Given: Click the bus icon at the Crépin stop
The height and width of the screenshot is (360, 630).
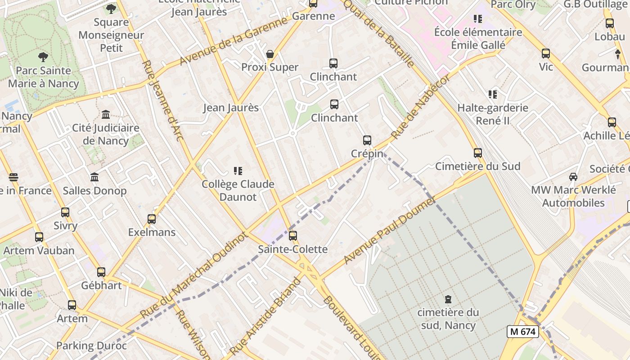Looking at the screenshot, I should (367, 140).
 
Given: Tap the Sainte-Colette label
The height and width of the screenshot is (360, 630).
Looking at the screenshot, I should (292, 249).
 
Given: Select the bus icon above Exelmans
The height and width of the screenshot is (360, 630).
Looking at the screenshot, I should (152, 219).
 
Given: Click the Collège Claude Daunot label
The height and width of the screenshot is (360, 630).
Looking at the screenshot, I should (238, 190).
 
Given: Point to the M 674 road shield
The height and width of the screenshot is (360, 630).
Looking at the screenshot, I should (522, 332).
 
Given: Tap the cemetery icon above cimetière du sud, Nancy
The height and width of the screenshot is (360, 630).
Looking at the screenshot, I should (448, 299).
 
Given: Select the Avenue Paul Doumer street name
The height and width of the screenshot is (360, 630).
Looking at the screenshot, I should (390, 231).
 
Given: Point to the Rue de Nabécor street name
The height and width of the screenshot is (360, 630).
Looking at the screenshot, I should (420, 107).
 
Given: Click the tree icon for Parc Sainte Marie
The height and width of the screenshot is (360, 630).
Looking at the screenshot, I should (43, 57).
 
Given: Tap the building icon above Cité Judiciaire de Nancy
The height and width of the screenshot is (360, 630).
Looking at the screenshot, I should (106, 114).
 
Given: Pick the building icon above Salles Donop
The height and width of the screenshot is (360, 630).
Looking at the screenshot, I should (94, 177).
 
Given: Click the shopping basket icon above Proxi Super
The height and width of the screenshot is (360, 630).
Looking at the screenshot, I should (270, 54).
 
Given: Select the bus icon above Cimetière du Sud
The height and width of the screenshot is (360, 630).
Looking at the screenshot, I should (477, 153).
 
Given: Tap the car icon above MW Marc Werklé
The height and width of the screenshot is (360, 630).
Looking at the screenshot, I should (573, 176).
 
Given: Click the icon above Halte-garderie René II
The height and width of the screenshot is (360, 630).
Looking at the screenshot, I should (492, 94).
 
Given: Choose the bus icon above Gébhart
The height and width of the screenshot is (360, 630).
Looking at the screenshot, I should (101, 272).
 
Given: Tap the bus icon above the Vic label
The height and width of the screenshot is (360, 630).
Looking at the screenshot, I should (546, 54).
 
